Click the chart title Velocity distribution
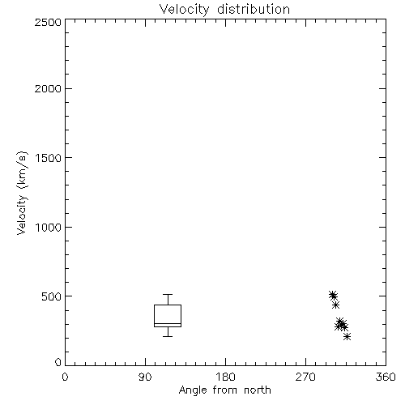click(x=224, y=9)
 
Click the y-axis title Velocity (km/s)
click(x=22, y=193)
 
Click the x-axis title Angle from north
click(x=225, y=390)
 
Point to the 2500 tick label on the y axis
click(x=48, y=22)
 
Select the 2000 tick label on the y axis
click(x=48, y=88)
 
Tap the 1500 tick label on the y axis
click(x=49, y=158)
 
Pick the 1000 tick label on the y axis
click(x=49, y=228)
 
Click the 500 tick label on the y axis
click(x=52, y=296)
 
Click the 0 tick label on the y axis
click(x=58, y=362)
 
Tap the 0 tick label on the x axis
click(x=65, y=377)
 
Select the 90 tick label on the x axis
click(x=145, y=377)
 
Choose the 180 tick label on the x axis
click(x=225, y=377)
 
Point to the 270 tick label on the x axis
click(x=305, y=377)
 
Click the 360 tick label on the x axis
click(x=386, y=377)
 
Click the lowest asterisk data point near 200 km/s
click(x=347, y=337)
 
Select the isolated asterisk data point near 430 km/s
click(x=335, y=305)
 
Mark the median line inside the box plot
click(x=168, y=323)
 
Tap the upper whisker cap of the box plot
click(x=168, y=294)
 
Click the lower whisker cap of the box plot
click(x=168, y=336)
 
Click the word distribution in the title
click(x=254, y=9)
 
